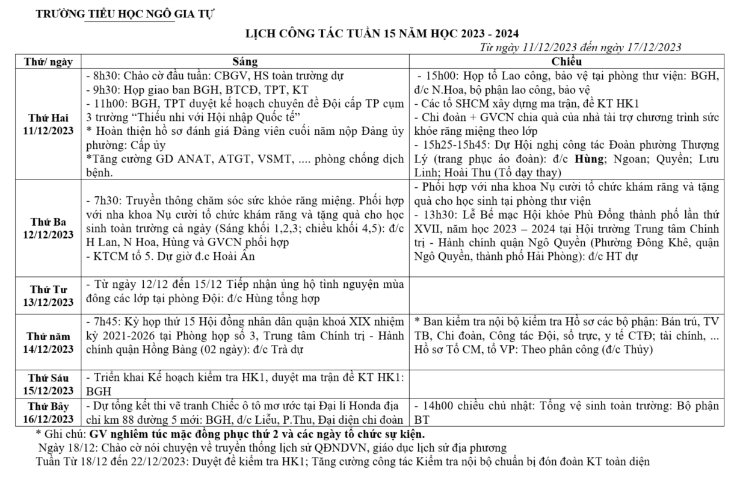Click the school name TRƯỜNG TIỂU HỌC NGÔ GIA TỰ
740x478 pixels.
click(x=125, y=13)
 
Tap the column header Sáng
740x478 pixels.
click(x=245, y=61)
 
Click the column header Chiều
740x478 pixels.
click(x=566, y=61)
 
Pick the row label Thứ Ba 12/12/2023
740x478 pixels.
click(x=49, y=228)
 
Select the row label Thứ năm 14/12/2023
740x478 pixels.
click(x=49, y=343)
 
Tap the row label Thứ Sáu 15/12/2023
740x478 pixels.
click(x=49, y=383)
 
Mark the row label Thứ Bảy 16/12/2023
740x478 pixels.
click(x=49, y=412)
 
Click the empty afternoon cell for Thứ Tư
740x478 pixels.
click(x=566, y=295)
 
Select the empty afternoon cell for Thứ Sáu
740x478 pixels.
click(x=566, y=383)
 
